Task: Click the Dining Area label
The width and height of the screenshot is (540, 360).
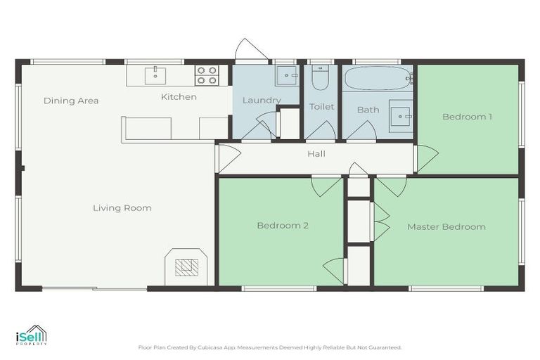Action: tap(71, 101)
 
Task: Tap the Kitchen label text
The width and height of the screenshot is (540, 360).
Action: tap(179, 96)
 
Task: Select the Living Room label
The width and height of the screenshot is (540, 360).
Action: tap(122, 208)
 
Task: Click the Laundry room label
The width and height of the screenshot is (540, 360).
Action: tap(262, 101)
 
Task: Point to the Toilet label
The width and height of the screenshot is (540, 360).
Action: tap(322, 107)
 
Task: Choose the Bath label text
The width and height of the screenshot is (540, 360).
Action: tap(368, 110)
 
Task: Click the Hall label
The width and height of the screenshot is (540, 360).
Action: tap(316, 154)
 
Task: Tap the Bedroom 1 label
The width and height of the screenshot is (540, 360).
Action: tap(467, 117)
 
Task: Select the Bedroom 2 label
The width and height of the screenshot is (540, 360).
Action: tap(283, 226)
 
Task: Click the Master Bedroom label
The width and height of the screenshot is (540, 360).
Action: tap(446, 226)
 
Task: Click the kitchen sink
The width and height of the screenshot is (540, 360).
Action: tap(155, 75)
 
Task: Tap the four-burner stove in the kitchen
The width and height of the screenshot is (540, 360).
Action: tap(207, 76)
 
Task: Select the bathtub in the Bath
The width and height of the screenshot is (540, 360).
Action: tap(378, 78)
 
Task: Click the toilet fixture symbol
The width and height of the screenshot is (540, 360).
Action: tap(321, 78)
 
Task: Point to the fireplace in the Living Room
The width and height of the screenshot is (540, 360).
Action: tap(186, 266)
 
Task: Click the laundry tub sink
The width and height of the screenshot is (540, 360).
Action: tap(286, 75)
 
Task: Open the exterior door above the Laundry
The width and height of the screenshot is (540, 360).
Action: tap(250, 51)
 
